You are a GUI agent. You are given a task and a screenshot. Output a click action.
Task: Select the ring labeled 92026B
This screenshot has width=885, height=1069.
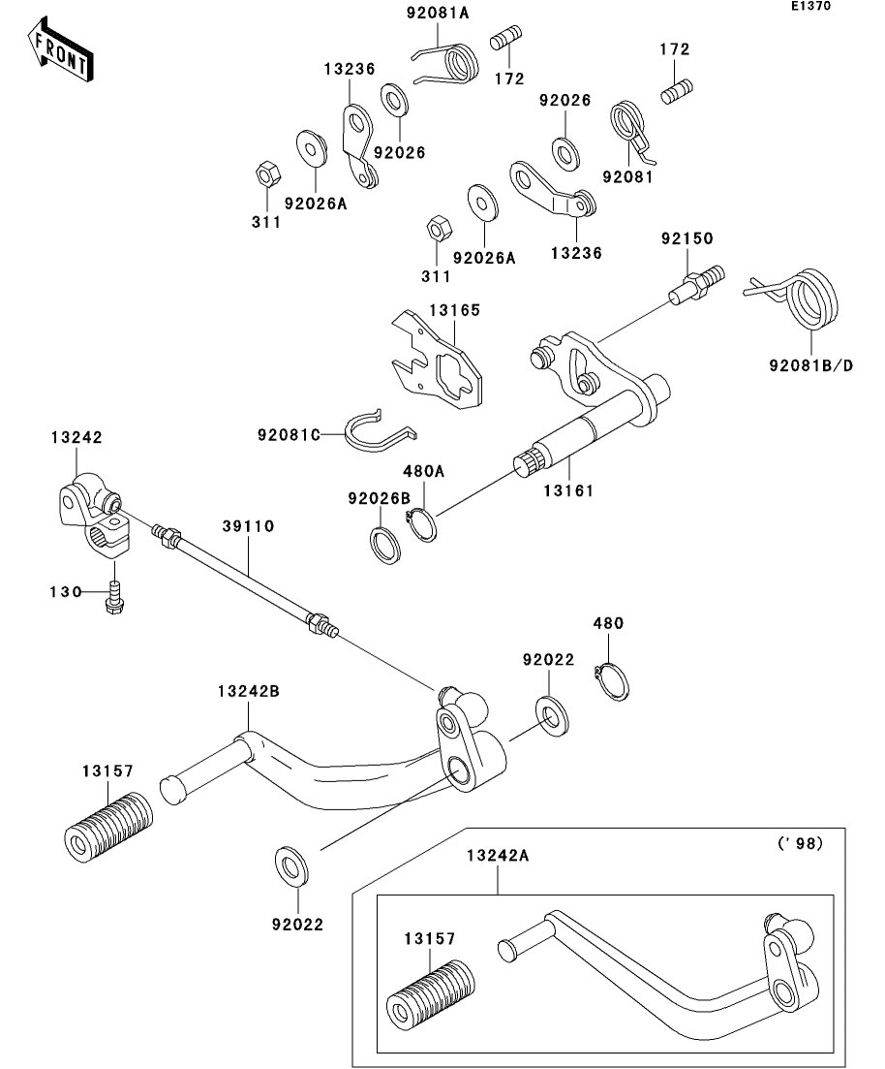point(387,545)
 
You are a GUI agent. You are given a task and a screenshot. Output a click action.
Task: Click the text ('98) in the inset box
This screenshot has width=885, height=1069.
point(800,844)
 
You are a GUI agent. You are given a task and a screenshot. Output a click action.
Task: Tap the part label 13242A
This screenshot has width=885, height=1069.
point(498,856)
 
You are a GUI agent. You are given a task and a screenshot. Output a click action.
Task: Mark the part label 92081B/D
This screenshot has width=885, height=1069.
point(810,366)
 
